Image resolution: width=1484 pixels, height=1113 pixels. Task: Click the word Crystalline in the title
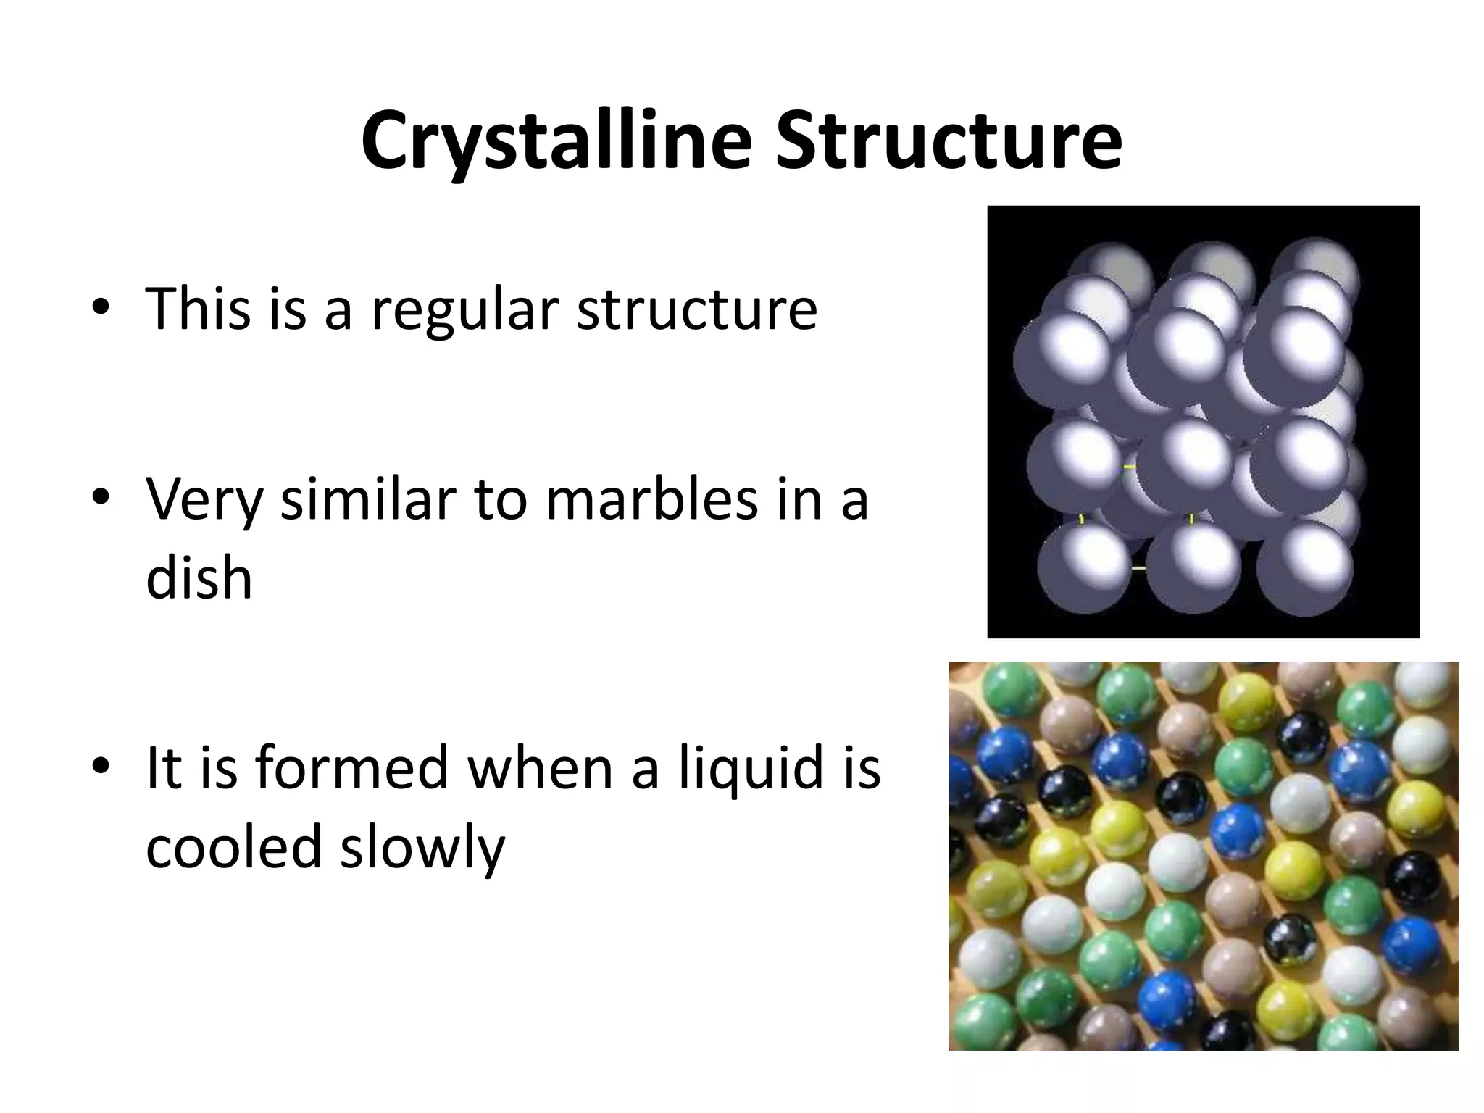[556, 141]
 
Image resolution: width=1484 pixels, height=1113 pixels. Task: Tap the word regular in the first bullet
[464, 310]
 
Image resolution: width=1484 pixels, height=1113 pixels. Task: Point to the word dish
[199, 578]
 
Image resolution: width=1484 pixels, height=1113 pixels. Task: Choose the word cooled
[233, 846]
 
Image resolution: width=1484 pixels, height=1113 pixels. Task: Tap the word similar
[368, 500]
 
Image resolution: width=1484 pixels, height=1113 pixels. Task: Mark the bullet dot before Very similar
[101, 499]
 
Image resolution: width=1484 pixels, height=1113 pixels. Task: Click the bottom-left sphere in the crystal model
[1084, 569]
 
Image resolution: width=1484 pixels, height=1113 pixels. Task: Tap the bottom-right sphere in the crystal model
[1304, 569]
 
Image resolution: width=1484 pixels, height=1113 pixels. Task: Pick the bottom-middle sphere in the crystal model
[1193, 569]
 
